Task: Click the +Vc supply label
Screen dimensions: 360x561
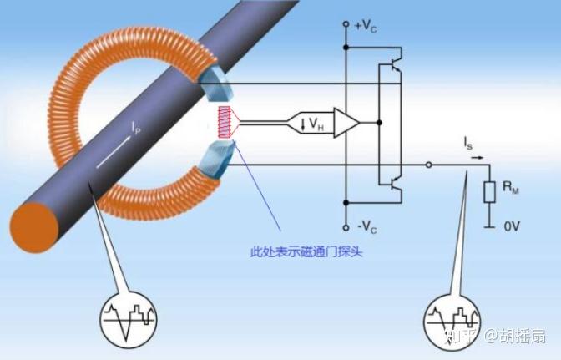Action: pyautogui.click(x=368, y=26)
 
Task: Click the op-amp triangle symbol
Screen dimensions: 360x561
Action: pyautogui.click(x=346, y=123)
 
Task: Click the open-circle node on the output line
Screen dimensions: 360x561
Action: pyautogui.click(x=427, y=165)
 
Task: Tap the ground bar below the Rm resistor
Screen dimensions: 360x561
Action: pyautogui.click(x=488, y=226)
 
